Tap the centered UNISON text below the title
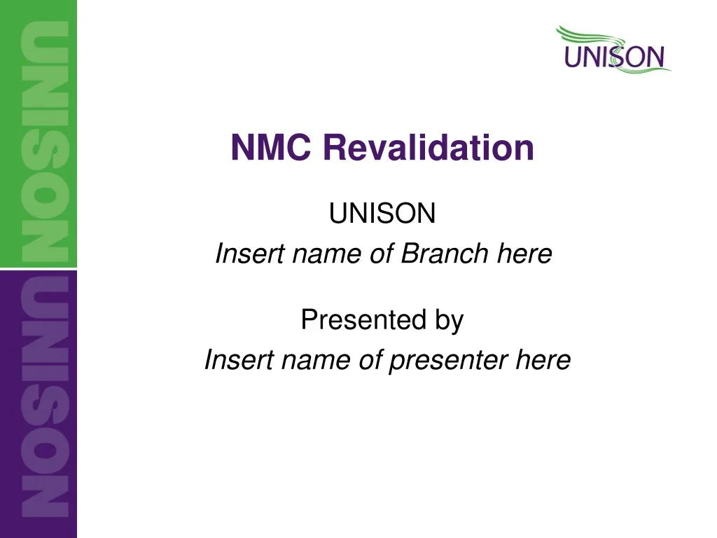[382, 214]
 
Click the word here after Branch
[524, 254]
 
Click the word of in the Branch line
[381, 254]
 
